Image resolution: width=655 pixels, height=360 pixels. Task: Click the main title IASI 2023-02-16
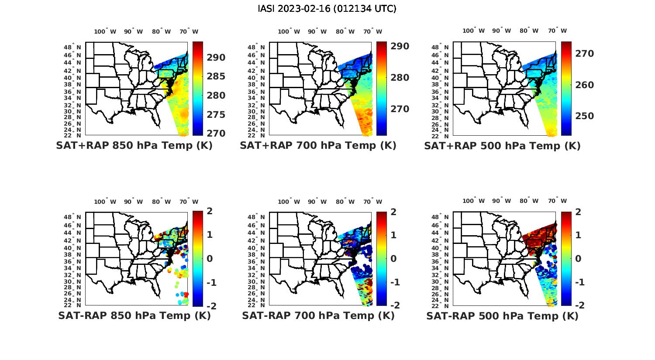pyautogui.click(x=327, y=9)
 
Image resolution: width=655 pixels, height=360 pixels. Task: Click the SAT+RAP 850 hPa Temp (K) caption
pyautogui.click(x=134, y=146)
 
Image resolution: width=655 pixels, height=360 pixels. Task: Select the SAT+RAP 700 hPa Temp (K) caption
pyautogui.click(x=318, y=146)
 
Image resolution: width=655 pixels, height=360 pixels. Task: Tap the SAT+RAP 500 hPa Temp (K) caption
pyautogui.click(x=502, y=146)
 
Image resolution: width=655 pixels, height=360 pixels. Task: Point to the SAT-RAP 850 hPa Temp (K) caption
pyautogui.click(x=134, y=315)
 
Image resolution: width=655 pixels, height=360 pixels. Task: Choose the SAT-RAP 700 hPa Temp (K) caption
pyautogui.click(x=318, y=315)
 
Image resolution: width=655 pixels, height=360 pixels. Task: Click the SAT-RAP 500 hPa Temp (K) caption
pyautogui.click(x=502, y=316)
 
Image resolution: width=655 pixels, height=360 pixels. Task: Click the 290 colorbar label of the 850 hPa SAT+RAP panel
pyautogui.click(x=216, y=58)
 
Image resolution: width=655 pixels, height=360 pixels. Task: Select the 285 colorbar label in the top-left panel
pyautogui.click(x=216, y=76)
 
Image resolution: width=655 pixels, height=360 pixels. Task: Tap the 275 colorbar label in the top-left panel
pyautogui.click(x=216, y=115)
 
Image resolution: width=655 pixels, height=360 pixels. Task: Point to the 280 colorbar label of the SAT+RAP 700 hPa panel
pyautogui.click(x=400, y=78)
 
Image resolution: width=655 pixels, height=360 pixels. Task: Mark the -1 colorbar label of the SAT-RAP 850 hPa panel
pyautogui.click(x=211, y=282)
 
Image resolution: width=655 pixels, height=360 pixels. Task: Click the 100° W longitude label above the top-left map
pyautogui.click(x=105, y=31)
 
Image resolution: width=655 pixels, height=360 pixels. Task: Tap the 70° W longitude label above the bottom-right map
pyautogui.click(x=558, y=201)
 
